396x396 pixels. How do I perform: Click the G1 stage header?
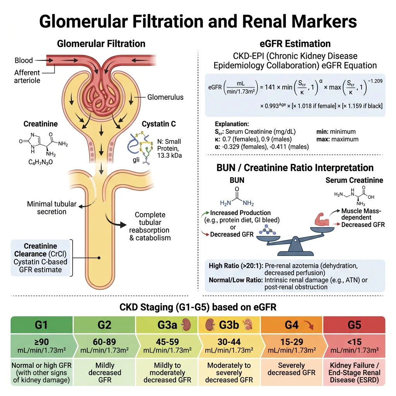[x=41, y=324]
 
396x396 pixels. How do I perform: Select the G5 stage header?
[x=354, y=324]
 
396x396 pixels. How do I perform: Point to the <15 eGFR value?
[x=354, y=342]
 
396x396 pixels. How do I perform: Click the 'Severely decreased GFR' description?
[x=292, y=369]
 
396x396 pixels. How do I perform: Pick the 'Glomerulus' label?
[x=165, y=97]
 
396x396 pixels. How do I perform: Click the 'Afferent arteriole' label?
[x=27, y=77]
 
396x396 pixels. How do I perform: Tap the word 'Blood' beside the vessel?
[x=24, y=61]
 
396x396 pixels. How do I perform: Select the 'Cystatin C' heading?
[x=159, y=124]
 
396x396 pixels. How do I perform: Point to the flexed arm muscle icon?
[x=321, y=220]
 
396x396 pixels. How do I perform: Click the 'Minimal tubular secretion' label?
[x=51, y=208]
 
